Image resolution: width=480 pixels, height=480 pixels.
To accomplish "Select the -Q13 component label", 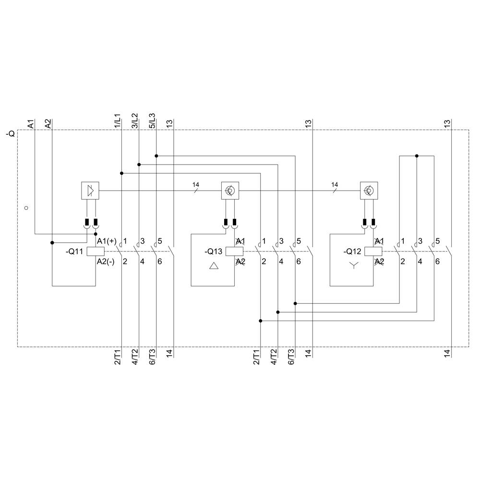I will [213, 252].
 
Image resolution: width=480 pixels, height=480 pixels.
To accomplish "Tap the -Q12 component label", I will [352, 252].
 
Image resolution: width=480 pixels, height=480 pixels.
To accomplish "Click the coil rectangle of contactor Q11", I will [96, 251].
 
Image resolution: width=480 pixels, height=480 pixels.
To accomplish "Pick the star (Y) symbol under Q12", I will [354, 265].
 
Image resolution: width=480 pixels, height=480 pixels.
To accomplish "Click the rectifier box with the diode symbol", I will [90, 191].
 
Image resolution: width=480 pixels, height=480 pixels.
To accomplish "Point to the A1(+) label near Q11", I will [107, 241].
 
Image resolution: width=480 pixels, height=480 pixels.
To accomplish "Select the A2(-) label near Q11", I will [106, 262].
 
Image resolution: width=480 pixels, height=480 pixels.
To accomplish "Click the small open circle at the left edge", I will [26, 208].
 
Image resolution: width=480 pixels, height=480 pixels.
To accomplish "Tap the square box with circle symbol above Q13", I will [229, 191].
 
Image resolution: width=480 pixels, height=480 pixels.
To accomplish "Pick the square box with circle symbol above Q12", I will [369, 191].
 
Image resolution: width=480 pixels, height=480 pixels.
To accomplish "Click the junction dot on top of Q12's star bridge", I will [417, 156].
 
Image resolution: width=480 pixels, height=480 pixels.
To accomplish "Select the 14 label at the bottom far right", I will [447, 355].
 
